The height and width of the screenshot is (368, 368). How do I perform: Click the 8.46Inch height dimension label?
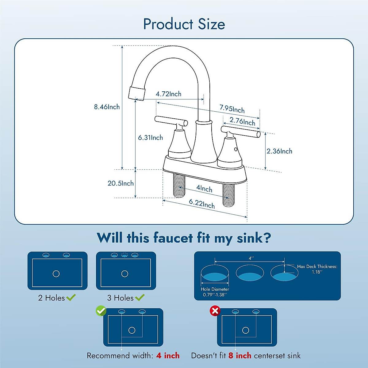point(107,107)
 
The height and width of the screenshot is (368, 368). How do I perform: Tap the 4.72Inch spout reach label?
point(168,94)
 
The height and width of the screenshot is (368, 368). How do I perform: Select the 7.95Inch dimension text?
point(232,109)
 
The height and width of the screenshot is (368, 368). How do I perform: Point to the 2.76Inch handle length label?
point(242,121)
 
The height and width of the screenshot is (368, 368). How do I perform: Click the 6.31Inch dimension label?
point(150,137)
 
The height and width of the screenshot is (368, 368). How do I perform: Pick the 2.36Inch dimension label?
point(279,151)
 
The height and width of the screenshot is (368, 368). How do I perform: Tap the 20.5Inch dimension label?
point(121,183)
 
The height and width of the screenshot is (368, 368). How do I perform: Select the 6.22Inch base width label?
point(201,204)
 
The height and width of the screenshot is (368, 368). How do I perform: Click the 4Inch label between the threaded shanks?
point(204,188)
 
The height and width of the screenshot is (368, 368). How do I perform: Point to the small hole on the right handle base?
point(236,149)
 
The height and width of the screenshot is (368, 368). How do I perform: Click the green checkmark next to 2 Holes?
point(71,297)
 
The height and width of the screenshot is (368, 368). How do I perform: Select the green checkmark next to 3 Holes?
point(140,297)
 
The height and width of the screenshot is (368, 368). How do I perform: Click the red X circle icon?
point(215,311)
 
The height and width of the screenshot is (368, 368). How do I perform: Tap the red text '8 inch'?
point(240,356)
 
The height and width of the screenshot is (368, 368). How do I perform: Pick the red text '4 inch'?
point(168,356)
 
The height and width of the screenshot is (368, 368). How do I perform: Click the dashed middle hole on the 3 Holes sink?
point(125,255)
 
